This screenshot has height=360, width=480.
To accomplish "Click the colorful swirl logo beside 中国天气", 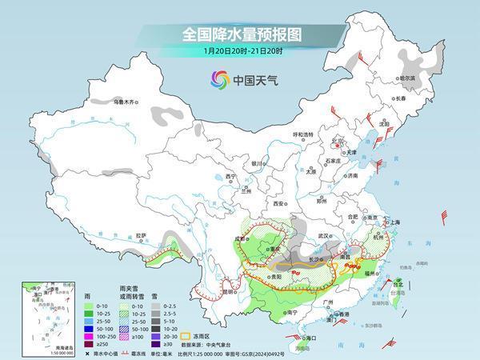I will click(x=219, y=79).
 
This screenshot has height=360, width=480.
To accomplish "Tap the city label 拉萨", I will click(x=141, y=235).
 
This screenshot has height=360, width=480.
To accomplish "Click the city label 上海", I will click(x=392, y=222).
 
